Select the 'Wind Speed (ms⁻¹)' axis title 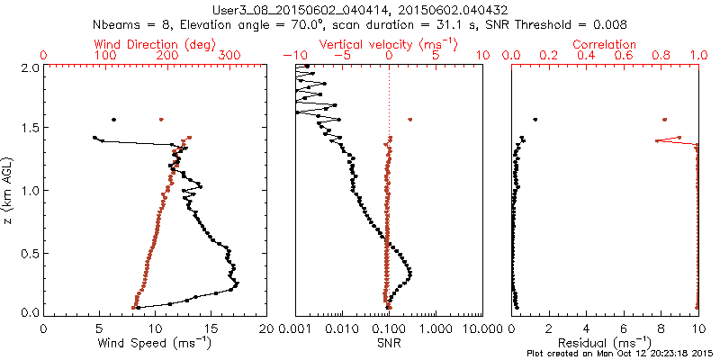[156, 342]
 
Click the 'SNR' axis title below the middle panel [389, 342]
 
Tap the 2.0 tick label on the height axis [29, 67]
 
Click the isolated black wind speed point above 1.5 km [113, 120]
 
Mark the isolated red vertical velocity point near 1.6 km [410, 120]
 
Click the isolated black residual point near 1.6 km [535, 120]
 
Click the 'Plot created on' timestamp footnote [622, 354]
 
